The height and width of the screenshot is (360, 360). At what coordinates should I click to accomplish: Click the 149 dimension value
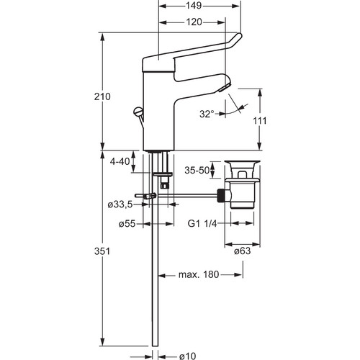(x=194, y=6)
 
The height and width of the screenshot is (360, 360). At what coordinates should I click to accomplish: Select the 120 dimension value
(x=194, y=22)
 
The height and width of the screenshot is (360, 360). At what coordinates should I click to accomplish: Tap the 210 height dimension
(x=102, y=96)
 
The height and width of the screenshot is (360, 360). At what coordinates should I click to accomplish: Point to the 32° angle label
(x=207, y=114)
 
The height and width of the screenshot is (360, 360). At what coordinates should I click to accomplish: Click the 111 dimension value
(x=260, y=120)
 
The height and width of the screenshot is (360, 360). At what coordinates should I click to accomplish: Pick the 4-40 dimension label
(x=120, y=161)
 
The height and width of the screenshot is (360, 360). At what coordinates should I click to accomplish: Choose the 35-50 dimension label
(x=197, y=170)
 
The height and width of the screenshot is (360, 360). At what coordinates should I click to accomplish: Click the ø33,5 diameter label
(x=120, y=204)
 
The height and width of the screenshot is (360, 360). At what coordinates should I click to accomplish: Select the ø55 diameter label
(x=127, y=224)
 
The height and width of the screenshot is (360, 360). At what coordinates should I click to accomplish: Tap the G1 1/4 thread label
(x=202, y=224)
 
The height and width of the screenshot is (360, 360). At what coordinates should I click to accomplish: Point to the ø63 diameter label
(x=243, y=251)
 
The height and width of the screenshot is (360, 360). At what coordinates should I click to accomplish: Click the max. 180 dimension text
(x=199, y=274)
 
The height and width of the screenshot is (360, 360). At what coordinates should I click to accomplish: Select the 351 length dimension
(x=102, y=251)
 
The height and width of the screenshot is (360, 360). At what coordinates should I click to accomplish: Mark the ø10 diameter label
(x=188, y=356)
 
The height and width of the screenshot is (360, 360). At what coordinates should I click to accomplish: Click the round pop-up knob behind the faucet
(x=138, y=112)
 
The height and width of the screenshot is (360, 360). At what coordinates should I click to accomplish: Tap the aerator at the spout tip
(x=225, y=88)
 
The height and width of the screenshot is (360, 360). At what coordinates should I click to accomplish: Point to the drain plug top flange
(x=243, y=162)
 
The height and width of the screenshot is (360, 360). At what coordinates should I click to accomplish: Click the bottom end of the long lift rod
(x=155, y=346)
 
